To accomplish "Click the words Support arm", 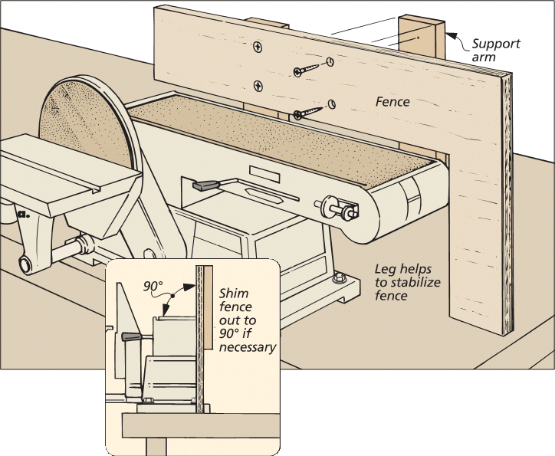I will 494,50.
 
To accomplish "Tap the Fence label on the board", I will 392,101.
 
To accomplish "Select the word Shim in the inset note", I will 234,294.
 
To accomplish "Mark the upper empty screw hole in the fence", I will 329,61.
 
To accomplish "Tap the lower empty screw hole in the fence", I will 331,103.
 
